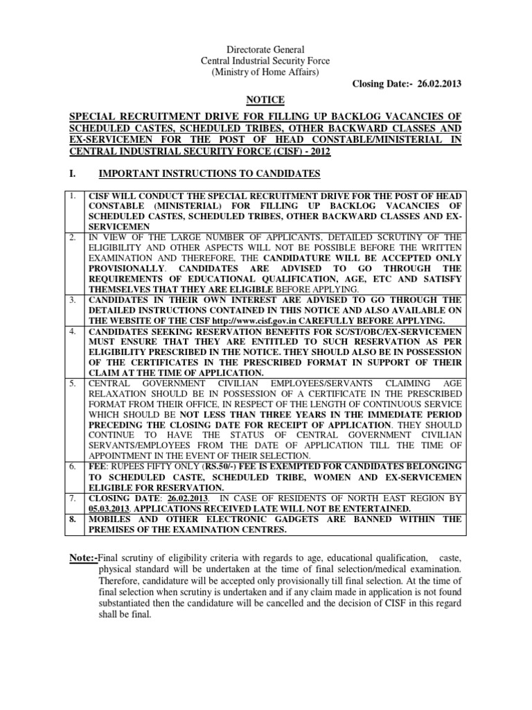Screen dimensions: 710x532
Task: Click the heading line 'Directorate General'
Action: pos(266,51)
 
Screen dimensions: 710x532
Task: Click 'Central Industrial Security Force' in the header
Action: pos(266,62)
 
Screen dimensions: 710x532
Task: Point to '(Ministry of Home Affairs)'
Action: pos(266,73)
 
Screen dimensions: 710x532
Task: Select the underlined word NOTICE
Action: pos(266,101)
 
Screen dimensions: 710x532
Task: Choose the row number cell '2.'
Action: pos(73,238)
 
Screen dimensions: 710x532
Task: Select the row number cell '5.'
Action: pos(73,382)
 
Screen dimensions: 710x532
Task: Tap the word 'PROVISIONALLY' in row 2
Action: pos(127,268)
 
